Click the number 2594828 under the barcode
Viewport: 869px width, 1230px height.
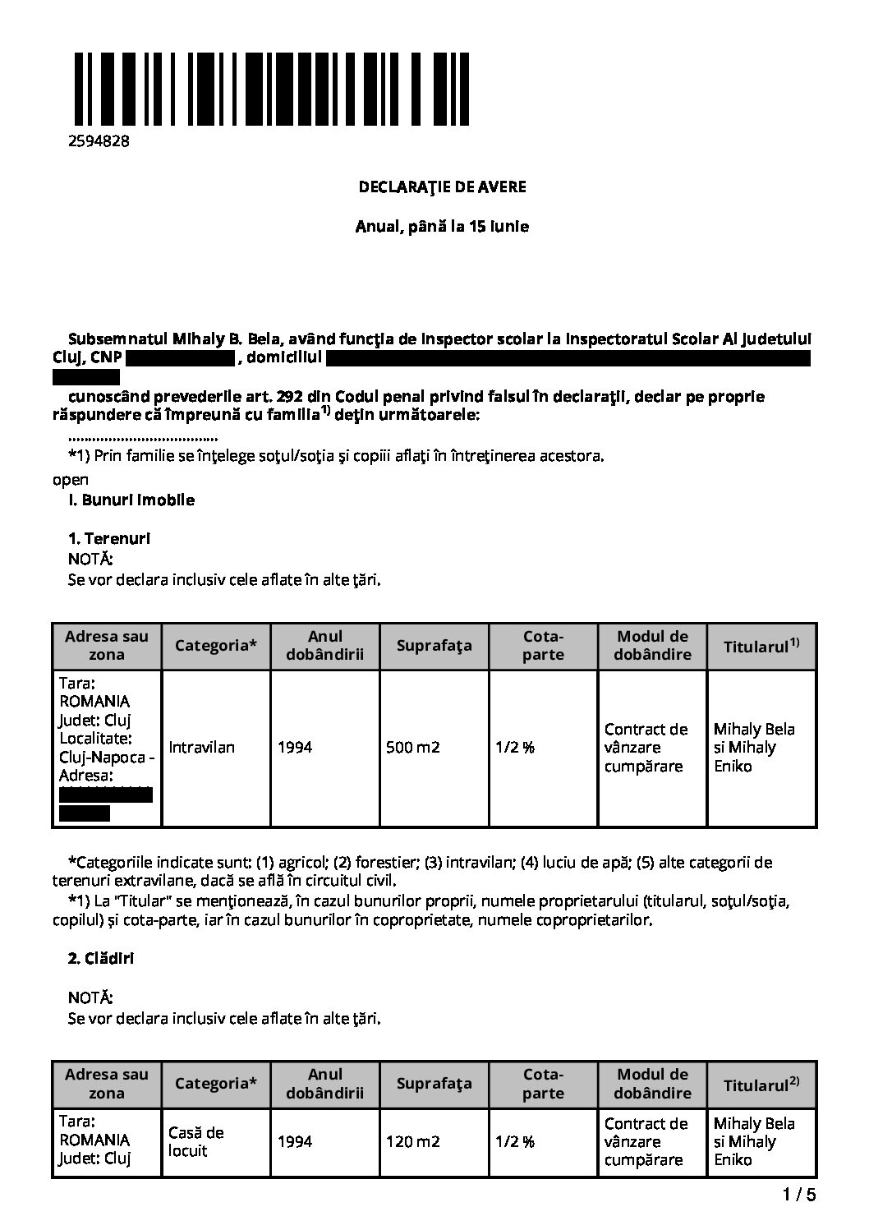coord(99,141)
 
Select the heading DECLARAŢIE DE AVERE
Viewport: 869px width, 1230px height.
coord(442,187)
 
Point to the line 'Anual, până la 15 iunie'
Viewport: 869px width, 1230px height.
coord(442,227)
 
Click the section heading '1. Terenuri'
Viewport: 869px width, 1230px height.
coord(109,539)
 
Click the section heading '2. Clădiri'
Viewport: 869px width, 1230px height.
coord(101,959)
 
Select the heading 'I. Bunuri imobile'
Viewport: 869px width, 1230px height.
coord(131,500)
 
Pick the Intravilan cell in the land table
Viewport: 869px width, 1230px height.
coord(202,748)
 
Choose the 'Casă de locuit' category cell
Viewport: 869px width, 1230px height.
coord(195,1142)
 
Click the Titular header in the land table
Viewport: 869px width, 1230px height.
coord(761,646)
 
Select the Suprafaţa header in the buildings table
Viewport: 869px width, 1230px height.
coord(434,1084)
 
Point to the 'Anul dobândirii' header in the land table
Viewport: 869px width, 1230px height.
coord(325,646)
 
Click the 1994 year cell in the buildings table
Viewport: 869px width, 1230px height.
coord(295,1142)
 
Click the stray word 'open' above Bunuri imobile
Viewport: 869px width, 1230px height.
coord(70,480)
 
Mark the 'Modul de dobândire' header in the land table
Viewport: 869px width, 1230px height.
coord(652,646)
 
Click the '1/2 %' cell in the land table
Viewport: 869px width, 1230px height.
coord(515,748)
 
